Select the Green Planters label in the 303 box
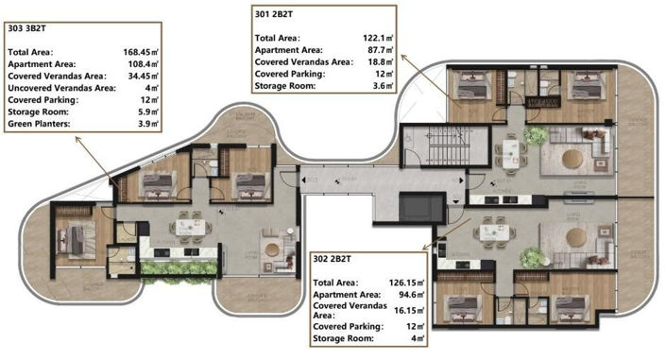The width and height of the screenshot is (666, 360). (x=40, y=124)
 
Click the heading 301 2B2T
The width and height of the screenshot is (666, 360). (x=275, y=14)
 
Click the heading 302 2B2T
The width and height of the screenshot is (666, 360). (x=333, y=256)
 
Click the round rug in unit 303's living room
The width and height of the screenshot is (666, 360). (x=273, y=248)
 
